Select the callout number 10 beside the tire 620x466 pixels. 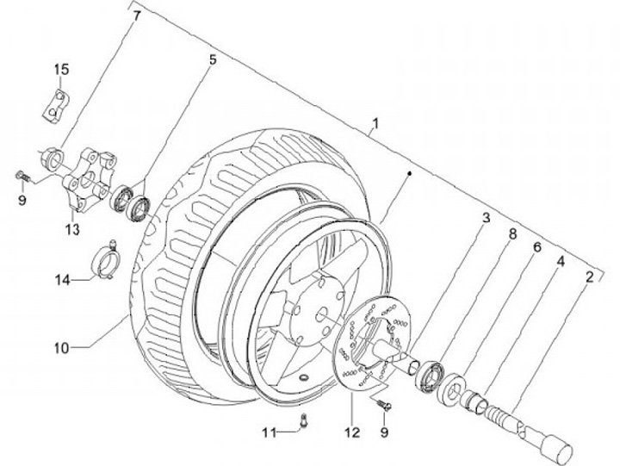pyautogui.click(x=59, y=349)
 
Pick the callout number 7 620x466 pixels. pyautogui.click(x=134, y=16)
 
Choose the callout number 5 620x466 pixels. pyautogui.click(x=211, y=59)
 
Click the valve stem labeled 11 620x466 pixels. pyautogui.click(x=305, y=419)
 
